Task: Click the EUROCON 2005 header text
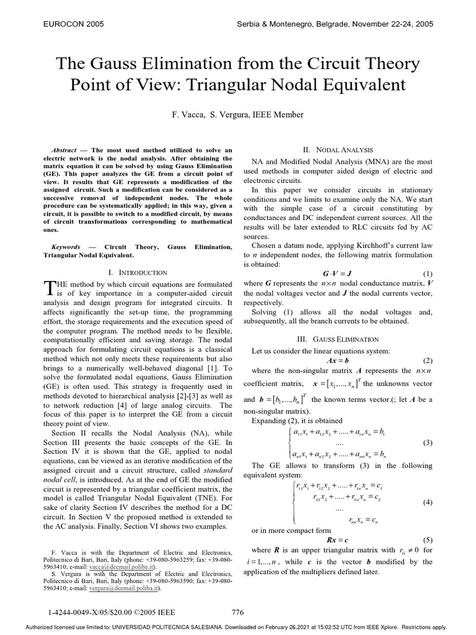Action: pos(72,24)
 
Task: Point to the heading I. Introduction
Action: pos(138,272)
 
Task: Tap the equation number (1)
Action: pos(427,273)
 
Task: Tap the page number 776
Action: pos(237,613)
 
